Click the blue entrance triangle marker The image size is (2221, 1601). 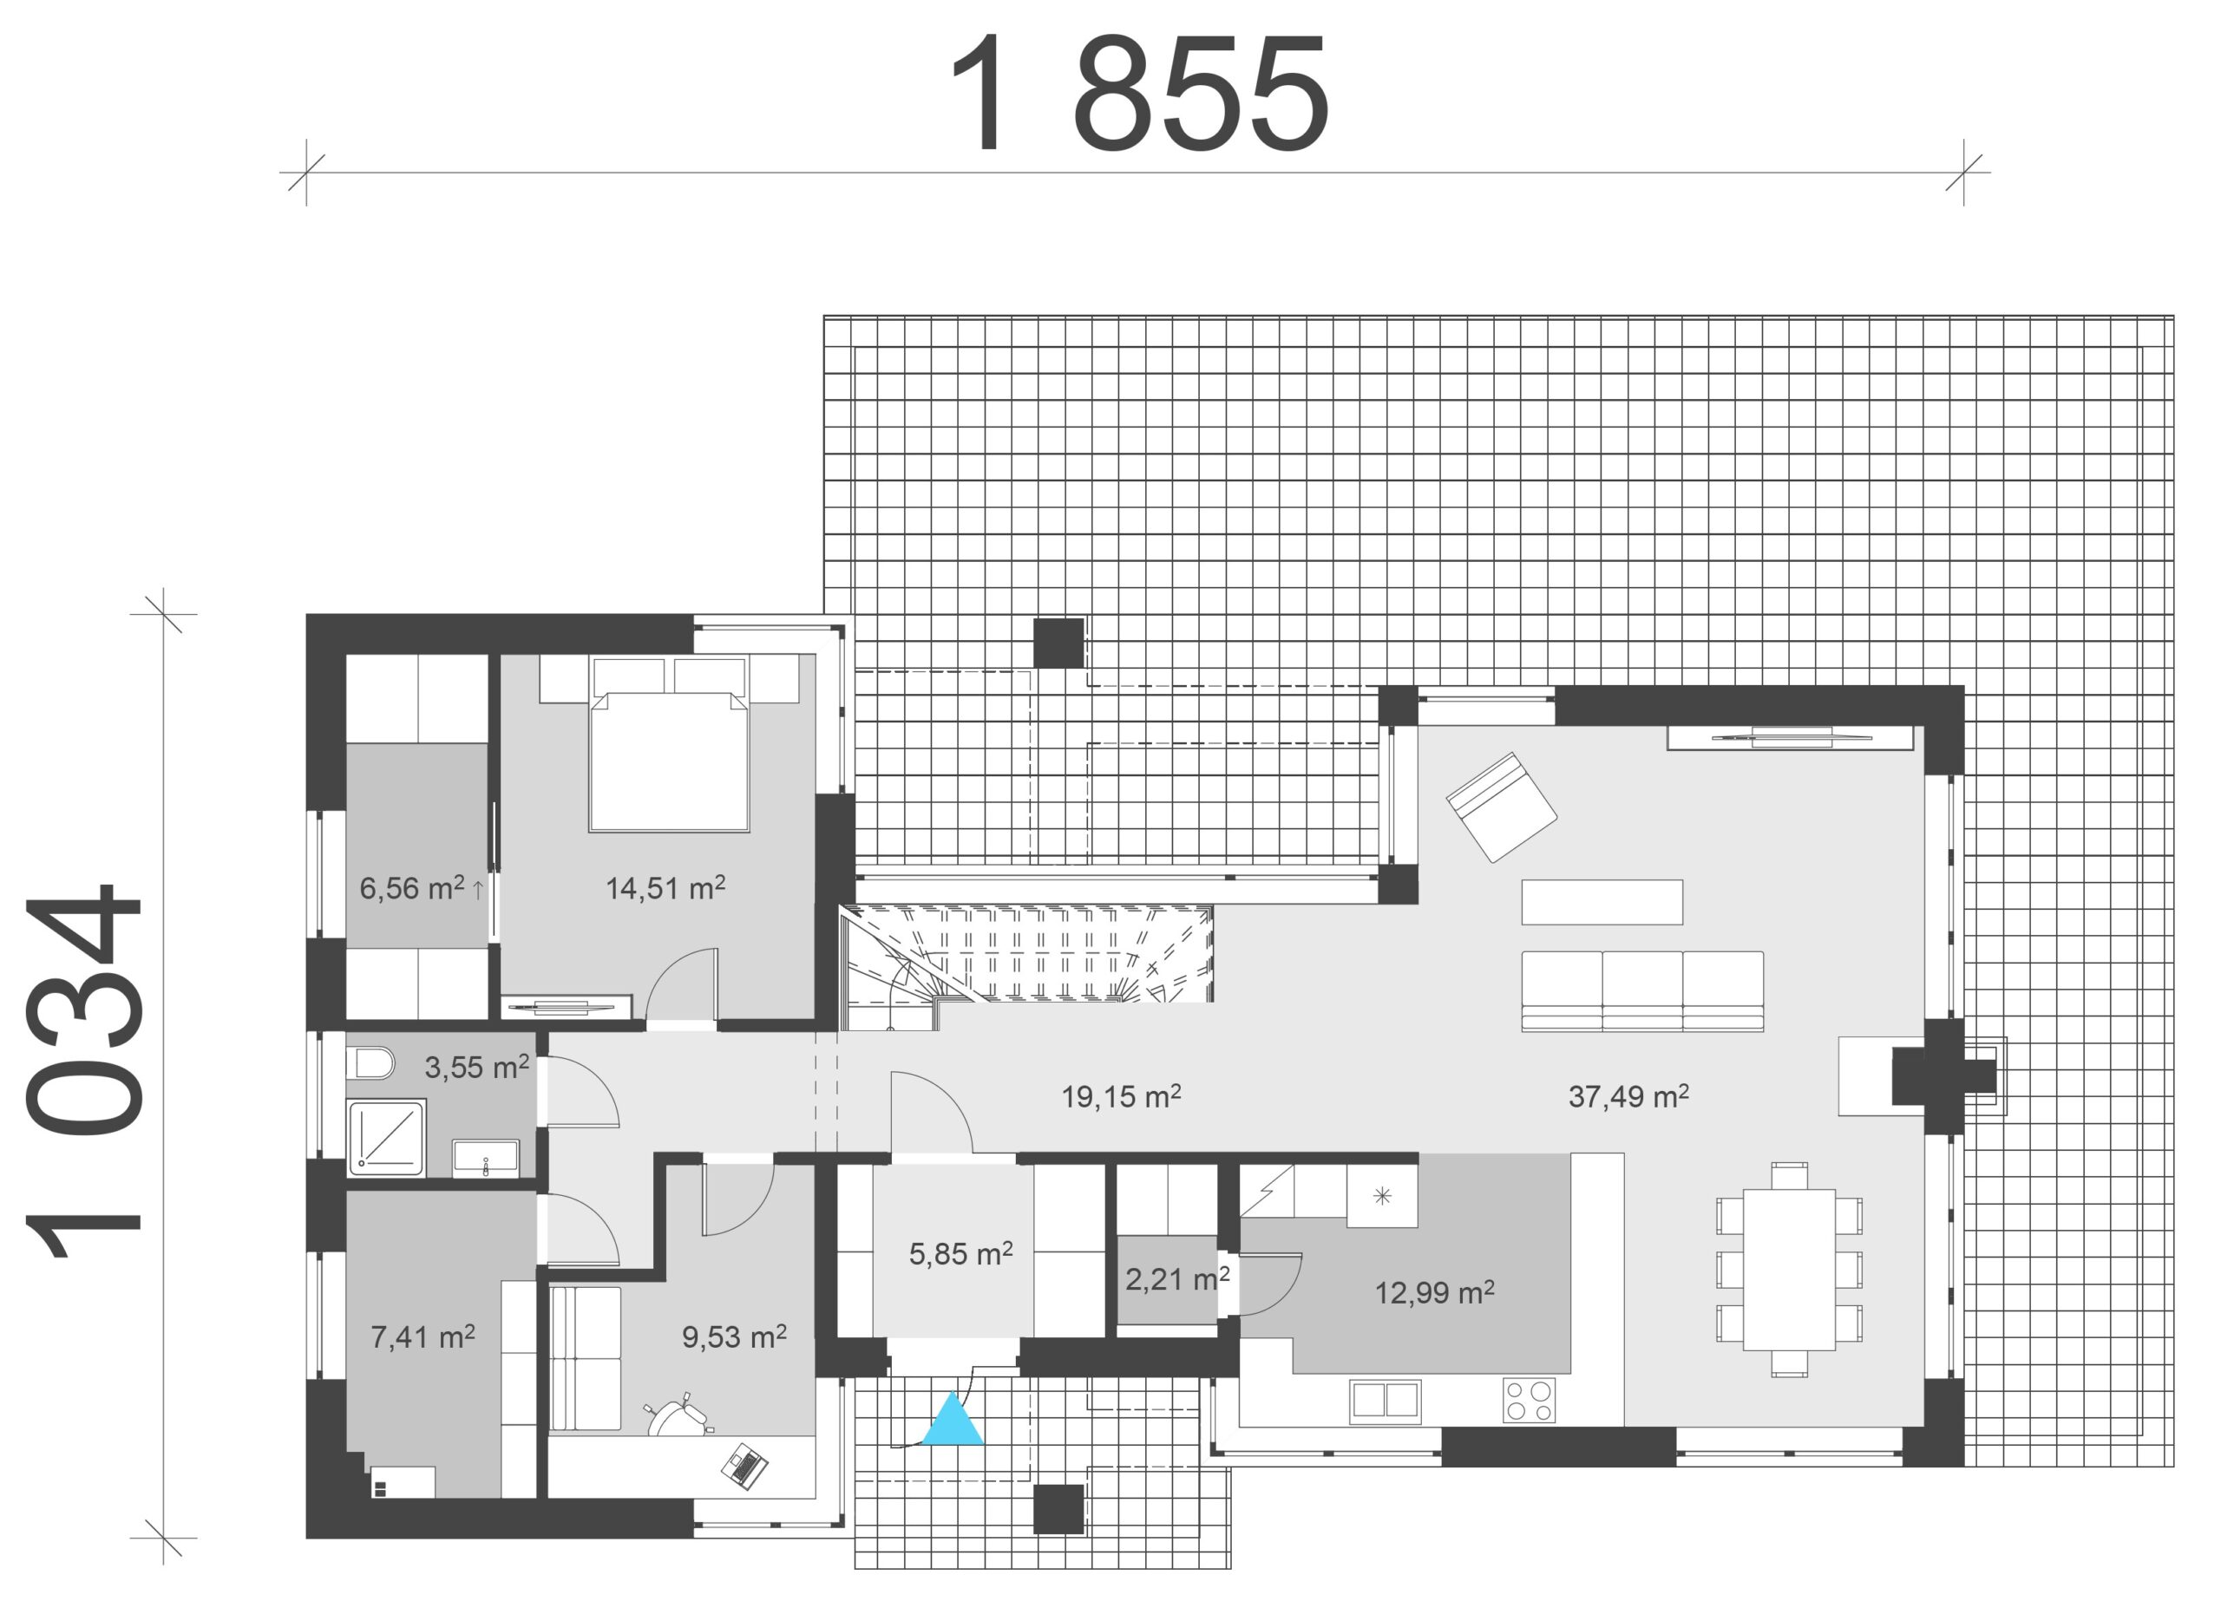point(953,1421)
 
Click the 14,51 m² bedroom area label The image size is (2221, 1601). point(665,888)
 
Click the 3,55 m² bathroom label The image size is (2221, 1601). point(476,1067)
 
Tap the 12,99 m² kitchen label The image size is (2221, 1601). point(1433,1292)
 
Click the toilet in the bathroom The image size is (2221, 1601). point(371,1062)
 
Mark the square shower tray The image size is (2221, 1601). point(388,1138)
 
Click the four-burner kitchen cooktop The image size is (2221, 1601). point(1529,1401)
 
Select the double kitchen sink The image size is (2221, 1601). point(1385,1401)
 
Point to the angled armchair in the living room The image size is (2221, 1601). point(1501,807)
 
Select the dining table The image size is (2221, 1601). point(1789,1269)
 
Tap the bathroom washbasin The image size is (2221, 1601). point(485,1158)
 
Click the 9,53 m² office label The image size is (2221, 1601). point(733,1336)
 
